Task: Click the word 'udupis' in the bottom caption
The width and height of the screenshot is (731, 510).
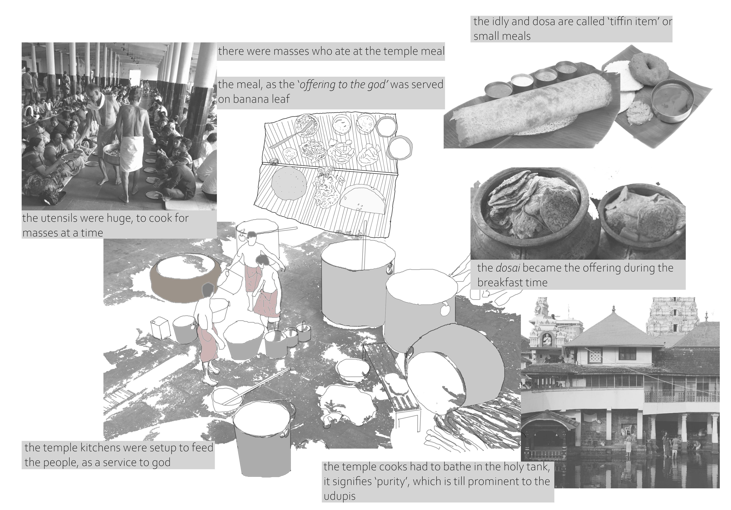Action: [x=339, y=496]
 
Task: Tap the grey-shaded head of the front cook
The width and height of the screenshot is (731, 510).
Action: [x=208, y=290]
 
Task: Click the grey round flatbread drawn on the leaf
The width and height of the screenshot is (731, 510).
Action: [x=289, y=183]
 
